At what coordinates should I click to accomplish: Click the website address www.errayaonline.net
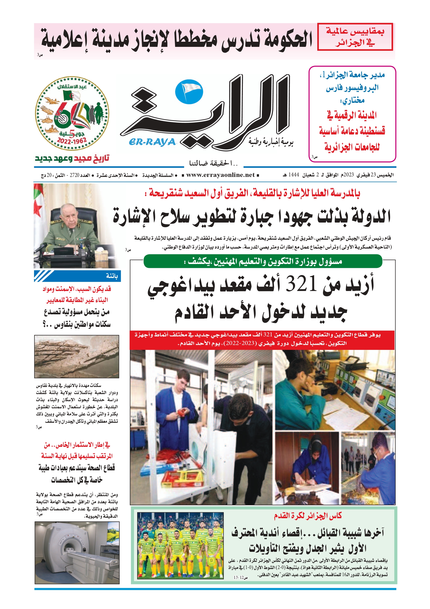click(221, 175)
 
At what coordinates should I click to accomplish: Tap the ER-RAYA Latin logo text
click(152, 142)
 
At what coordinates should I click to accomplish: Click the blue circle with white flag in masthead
click(189, 92)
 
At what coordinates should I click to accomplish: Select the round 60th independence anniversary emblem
click(72, 114)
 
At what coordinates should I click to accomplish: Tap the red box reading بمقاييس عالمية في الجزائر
click(355, 37)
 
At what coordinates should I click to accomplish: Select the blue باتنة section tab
click(77, 276)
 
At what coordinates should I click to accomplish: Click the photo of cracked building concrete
click(77, 357)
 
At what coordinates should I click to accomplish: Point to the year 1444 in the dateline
click(294, 175)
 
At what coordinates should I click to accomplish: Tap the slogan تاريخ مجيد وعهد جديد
click(72, 158)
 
